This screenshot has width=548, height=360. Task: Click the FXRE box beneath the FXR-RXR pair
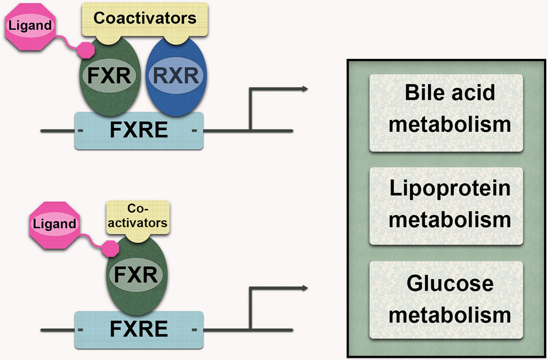tap(139, 131)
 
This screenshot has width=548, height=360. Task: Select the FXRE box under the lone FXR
tap(139, 329)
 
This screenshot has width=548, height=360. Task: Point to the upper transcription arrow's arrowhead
tap(305, 88)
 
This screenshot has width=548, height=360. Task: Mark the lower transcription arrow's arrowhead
tap(305, 288)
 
